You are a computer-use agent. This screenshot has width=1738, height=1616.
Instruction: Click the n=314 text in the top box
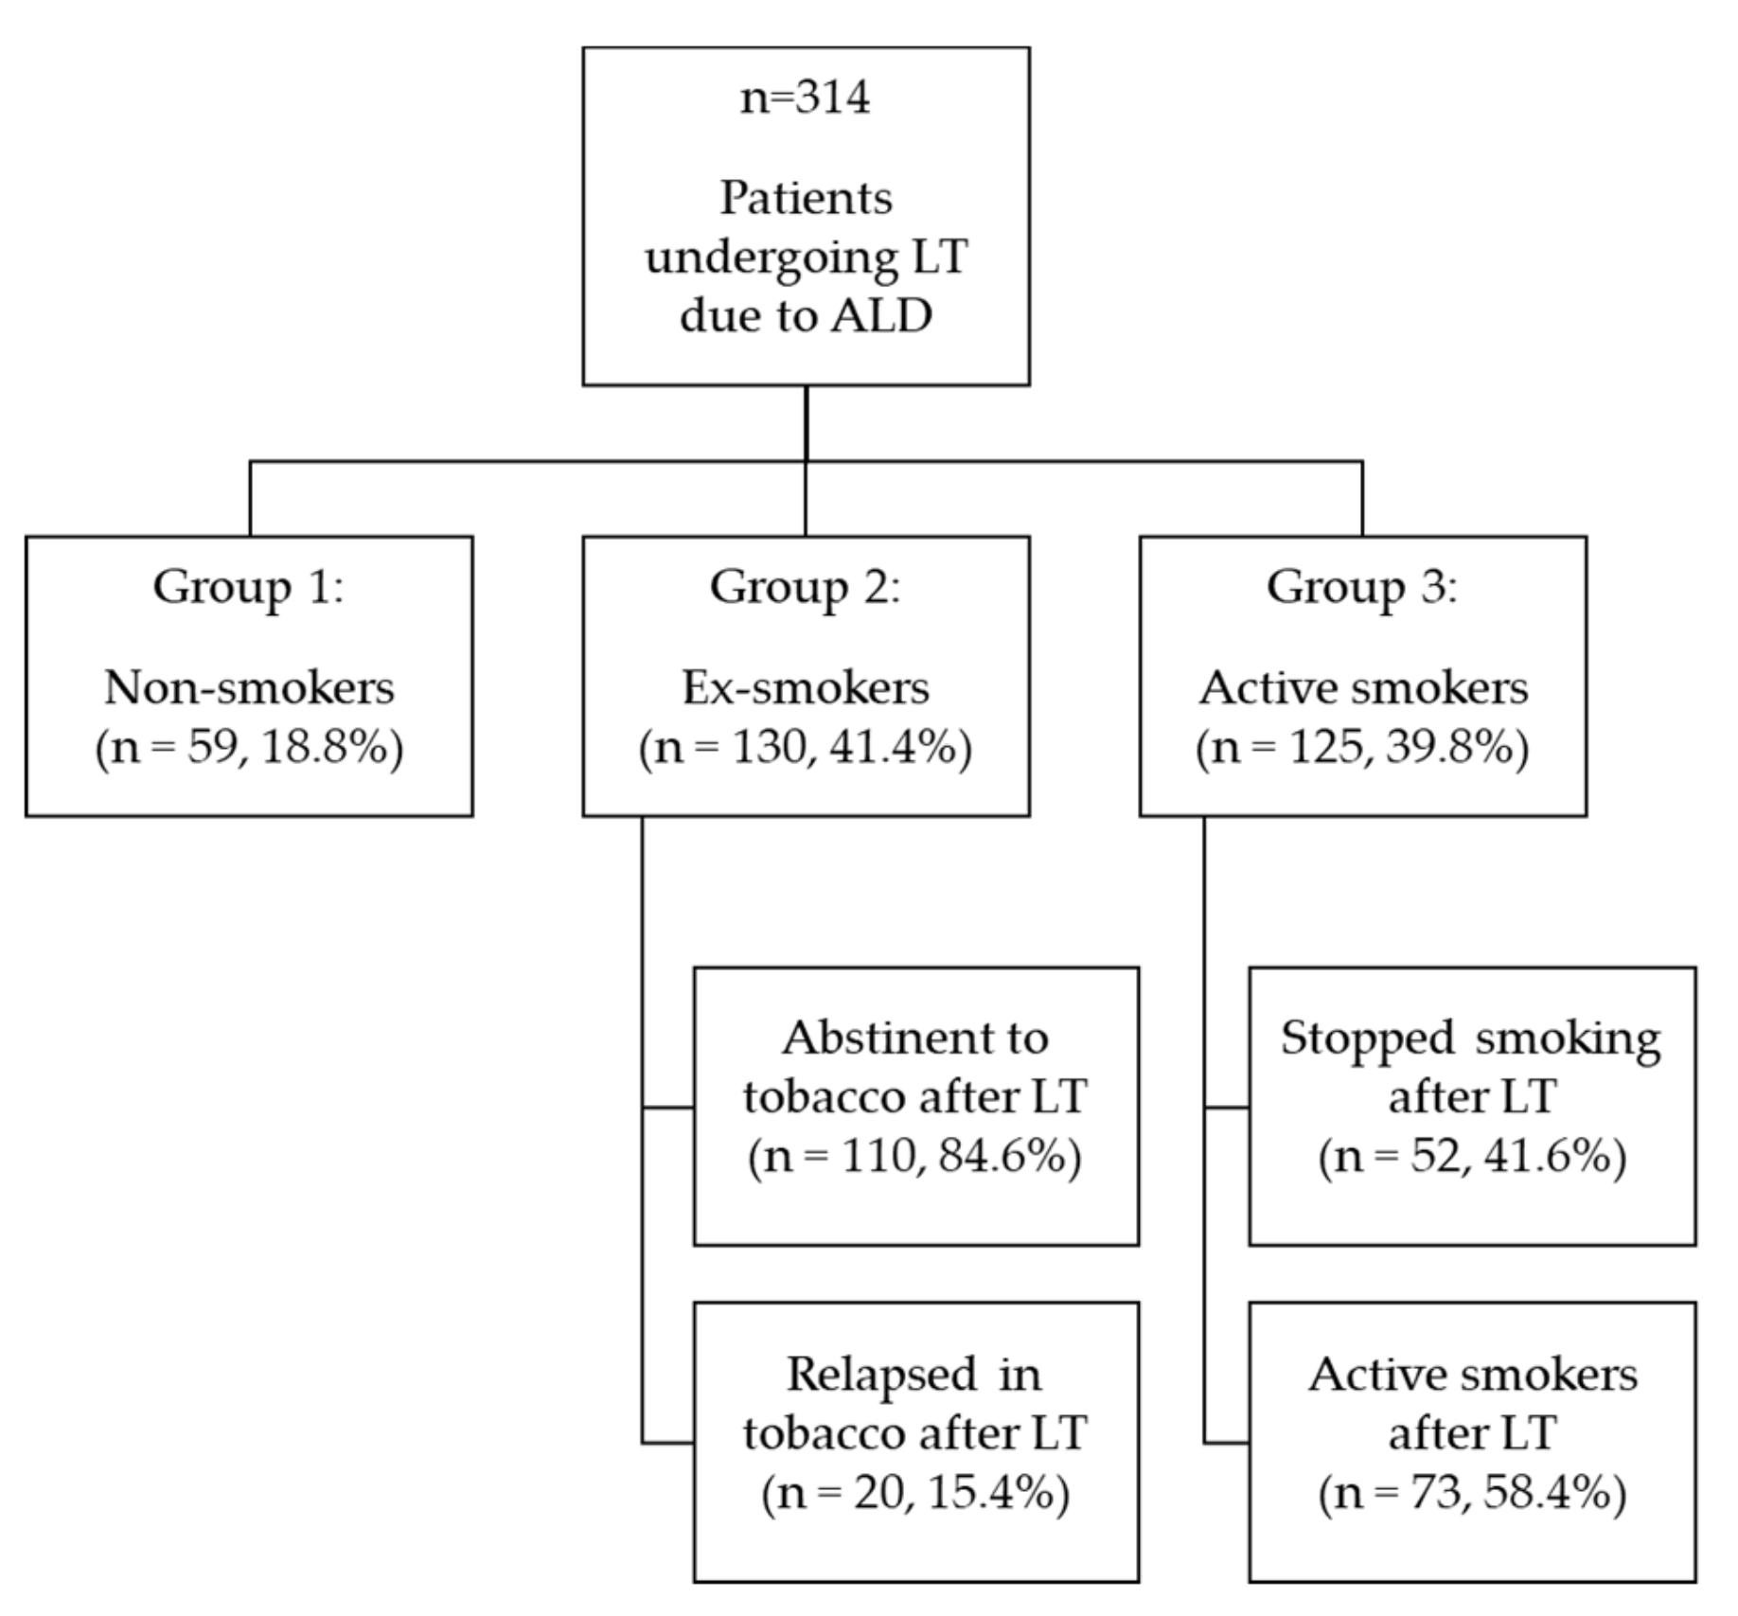(x=805, y=98)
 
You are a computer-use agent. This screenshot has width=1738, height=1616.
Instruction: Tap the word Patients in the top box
(x=806, y=199)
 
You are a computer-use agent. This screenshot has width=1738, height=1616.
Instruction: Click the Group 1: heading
(x=249, y=587)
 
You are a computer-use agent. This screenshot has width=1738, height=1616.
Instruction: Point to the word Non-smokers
(x=249, y=688)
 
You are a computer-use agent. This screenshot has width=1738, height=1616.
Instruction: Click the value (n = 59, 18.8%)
(x=249, y=748)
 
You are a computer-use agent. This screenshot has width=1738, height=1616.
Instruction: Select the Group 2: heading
(x=806, y=587)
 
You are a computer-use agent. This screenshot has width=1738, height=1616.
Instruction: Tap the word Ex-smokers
(x=806, y=688)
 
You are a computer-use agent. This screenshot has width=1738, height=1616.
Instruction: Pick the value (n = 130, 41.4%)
(x=806, y=748)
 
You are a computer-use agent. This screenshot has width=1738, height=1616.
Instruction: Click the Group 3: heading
(x=1362, y=587)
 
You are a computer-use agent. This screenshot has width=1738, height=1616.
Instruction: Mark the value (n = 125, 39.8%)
(x=1362, y=748)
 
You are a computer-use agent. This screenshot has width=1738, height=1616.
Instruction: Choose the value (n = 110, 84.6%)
(x=914, y=1157)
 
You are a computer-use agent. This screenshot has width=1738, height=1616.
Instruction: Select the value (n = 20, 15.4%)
(x=914, y=1493)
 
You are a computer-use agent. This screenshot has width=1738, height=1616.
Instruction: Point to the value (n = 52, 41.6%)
(x=1472, y=1157)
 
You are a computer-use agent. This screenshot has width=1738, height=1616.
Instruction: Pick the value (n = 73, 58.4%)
(x=1472, y=1493)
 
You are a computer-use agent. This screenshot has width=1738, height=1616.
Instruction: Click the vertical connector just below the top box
(x=806, y=423)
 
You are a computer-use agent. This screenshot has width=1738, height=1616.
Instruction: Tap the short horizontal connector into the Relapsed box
(x=667, y=1444)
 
